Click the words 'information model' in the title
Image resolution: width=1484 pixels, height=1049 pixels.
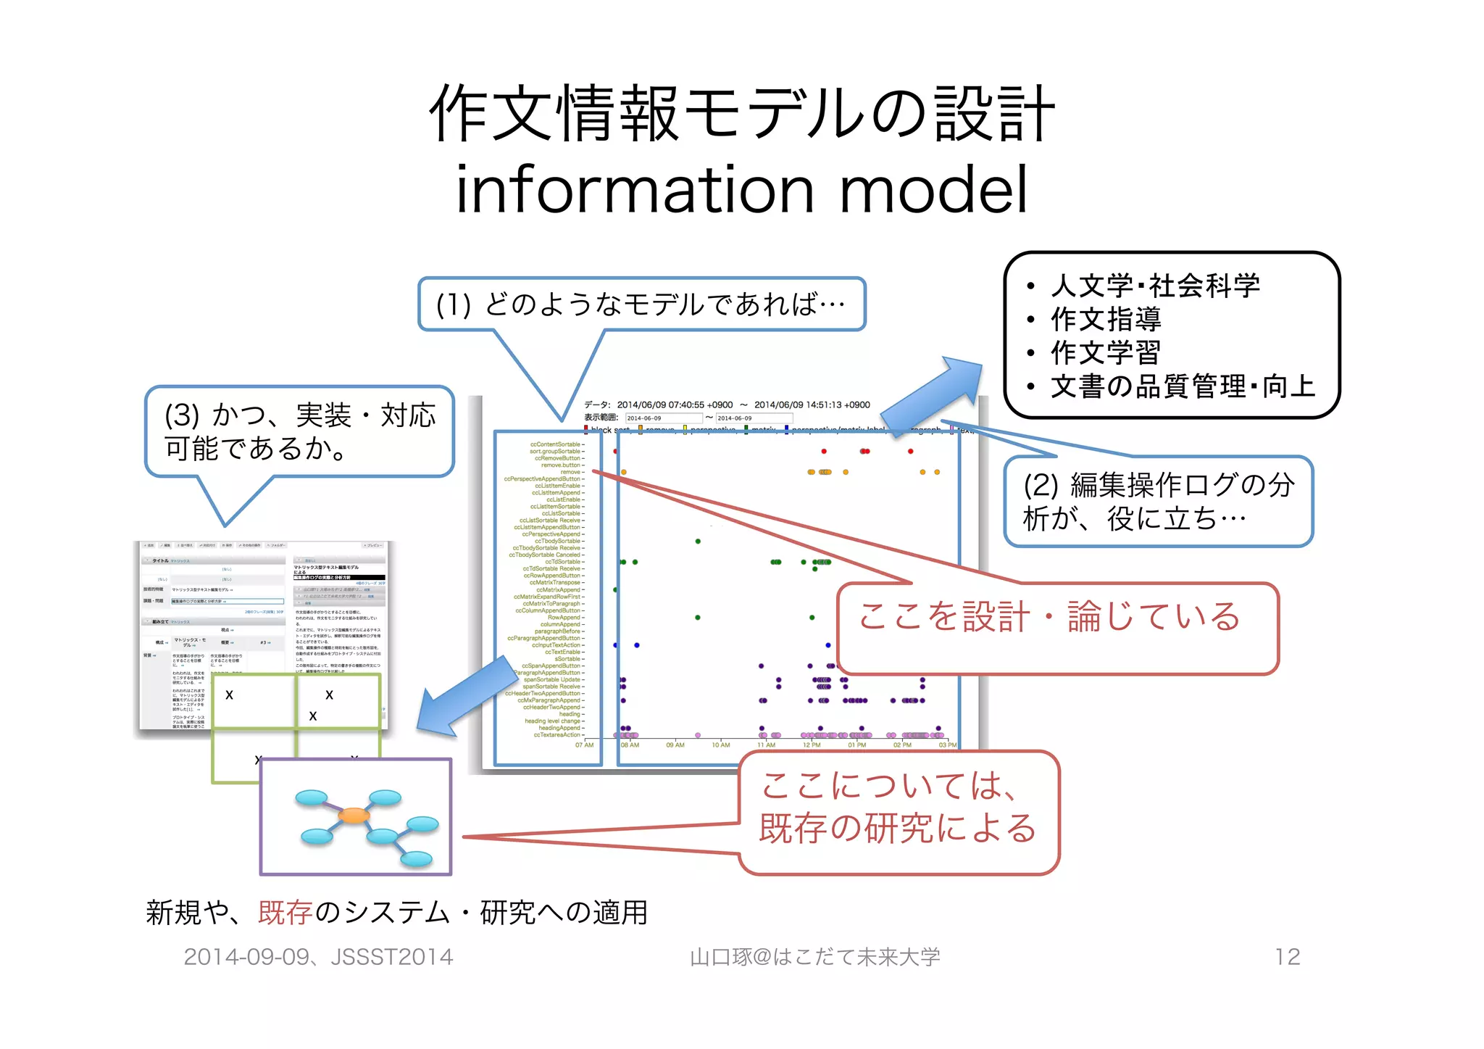tap(741, 189)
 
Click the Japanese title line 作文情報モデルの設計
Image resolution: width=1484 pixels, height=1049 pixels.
tap(741, 114)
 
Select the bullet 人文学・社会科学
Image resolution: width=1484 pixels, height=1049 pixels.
tap(1155, 286)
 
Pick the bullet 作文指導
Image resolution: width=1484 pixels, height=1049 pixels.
tap(1106, 319)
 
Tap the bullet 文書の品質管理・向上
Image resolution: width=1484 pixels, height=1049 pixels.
tap(1183, 386)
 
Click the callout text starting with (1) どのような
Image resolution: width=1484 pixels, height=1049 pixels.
tap(641, 304)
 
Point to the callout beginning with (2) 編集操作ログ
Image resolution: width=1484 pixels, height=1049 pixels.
tap(1158, 501)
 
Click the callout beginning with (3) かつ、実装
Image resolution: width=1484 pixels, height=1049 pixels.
tap(299, 432)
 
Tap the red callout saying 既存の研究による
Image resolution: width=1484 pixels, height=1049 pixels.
tap(898, 828)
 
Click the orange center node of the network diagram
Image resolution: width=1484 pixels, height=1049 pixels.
tap(354, 816)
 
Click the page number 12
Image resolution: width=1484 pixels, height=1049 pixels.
tap(1287, 957)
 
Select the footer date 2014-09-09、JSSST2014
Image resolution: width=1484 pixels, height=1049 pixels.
tap(318, 957)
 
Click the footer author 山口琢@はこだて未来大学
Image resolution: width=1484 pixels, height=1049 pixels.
tap(814, 957)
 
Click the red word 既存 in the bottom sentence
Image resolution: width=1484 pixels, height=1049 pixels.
tap(285, 913)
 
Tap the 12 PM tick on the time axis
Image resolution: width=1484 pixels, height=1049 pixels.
tap(812, 745)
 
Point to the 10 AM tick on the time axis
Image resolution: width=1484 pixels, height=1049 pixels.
tap(720, 745)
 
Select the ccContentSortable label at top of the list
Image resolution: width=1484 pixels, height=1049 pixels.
tap(555, 444)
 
